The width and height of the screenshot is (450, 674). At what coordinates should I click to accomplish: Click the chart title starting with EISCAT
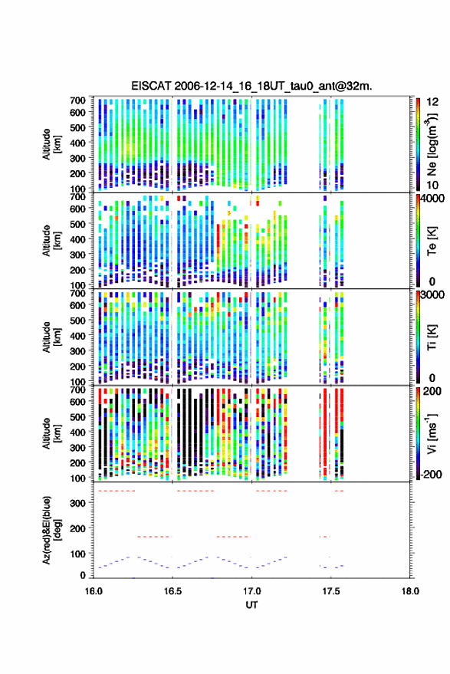251,86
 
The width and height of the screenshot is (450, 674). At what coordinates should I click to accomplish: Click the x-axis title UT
251,605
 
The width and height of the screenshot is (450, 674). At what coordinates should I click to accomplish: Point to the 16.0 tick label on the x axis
94,591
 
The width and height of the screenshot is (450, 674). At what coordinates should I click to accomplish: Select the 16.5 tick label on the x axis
172,591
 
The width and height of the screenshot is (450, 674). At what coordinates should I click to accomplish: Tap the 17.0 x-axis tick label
251,591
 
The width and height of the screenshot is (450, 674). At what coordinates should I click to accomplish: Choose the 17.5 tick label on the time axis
330,591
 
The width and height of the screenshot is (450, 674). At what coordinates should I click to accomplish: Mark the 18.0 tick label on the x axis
410,591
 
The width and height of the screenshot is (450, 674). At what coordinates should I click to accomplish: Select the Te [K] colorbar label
432,241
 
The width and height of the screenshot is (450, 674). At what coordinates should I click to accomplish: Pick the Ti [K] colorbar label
432,337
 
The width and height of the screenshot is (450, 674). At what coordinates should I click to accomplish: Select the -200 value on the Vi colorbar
431,475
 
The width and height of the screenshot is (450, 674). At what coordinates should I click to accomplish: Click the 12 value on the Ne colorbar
432,102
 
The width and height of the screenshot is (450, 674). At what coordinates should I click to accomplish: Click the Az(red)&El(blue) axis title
51,531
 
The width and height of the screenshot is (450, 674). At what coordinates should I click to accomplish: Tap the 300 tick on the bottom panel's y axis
77,503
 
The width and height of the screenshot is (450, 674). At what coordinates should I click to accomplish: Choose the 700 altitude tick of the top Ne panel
77,100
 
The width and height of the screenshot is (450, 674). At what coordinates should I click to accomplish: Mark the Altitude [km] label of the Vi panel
51,433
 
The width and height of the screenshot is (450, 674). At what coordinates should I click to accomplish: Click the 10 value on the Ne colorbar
432,186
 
